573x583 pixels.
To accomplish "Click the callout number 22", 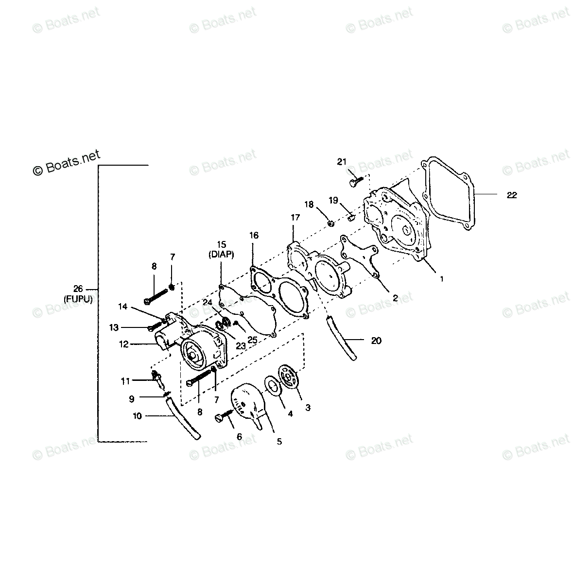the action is (511, 195).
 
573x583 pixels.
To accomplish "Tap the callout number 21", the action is (342, 162).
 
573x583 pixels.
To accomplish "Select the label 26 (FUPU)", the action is (78, 292).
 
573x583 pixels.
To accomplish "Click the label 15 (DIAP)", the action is (222, 249).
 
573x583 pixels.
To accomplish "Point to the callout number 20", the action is (376, 341).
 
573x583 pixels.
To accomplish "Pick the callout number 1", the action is (441, 279).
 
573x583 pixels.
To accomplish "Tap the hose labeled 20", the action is (340, 338).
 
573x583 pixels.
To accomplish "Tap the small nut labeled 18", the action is (330, 223).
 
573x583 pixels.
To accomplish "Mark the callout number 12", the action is (123, 344).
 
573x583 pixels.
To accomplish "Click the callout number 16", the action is (253, 236).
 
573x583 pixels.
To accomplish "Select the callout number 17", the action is (295, 218).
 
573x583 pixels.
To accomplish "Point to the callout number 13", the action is (114, 327).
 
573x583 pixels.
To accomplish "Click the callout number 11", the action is (126, 381).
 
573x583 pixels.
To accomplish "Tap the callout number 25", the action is (252, 341).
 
